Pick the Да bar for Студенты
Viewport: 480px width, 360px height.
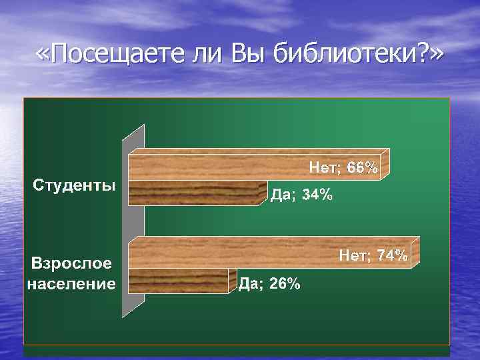(x=197, y=193)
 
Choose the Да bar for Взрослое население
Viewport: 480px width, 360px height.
(x=181, y=281)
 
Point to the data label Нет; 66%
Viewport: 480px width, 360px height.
(x=343, y=167)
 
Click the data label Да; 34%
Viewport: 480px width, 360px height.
(x=300, y=195)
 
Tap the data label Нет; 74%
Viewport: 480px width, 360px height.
(x=374, y=255)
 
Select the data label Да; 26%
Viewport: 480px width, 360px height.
(x=269, y=284)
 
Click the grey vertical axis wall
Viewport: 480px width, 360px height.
(x=133, y=220)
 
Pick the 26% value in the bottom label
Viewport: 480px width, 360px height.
(x=285, y=284)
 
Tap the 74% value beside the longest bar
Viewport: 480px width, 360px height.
(x=393, y=255)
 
